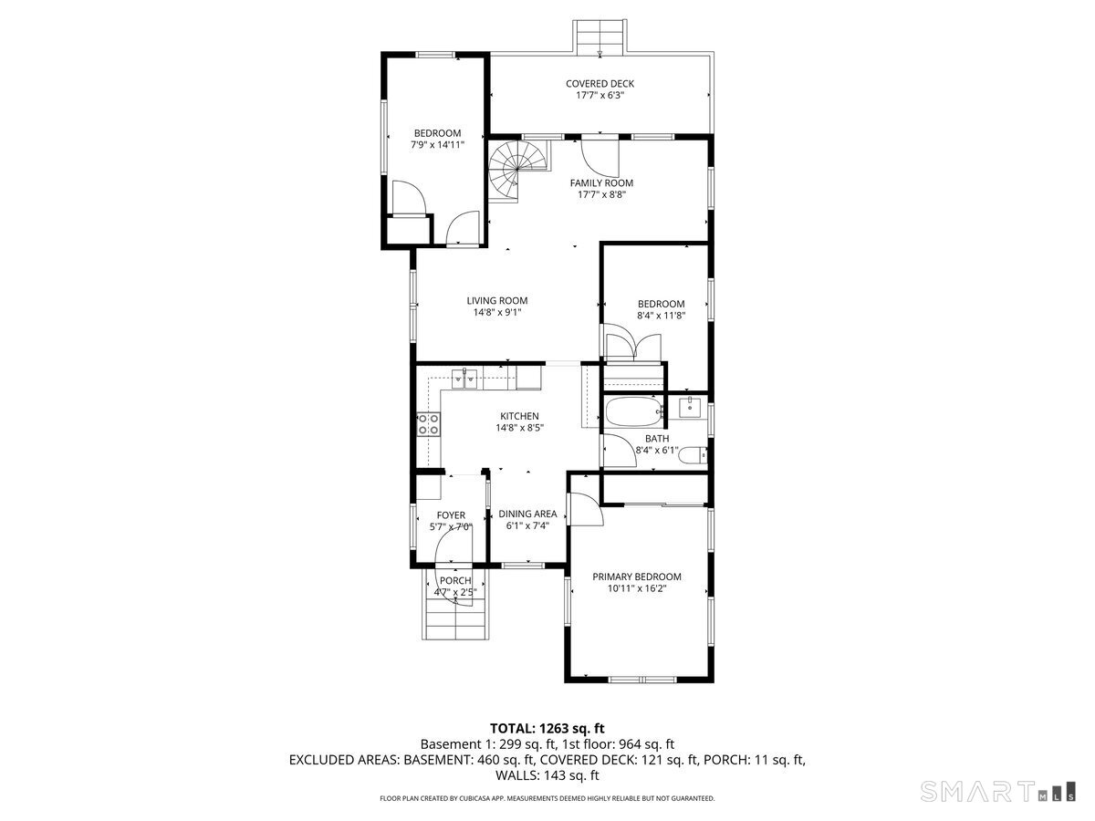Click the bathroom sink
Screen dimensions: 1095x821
coord(693,407)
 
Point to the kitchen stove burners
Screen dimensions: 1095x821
coord(429,423)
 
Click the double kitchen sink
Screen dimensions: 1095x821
coord(464,379)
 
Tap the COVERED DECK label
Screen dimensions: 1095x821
coord(600,84)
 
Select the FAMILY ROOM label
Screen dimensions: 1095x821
coord(601,183)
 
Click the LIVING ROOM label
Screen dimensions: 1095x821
coord(497,301)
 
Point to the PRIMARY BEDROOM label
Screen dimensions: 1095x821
coord(637,577)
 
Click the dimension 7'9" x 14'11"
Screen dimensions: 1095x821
coord(437,145)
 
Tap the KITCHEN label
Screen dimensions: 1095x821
coord(519,416)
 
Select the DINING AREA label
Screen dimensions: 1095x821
coord(527,514)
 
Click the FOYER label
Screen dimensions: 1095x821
coord(451,514)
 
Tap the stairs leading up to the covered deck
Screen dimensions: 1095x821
coord(600,36)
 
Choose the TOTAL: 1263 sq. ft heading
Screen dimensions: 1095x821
coord(547,728)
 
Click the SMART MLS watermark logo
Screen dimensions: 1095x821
coord(997,791)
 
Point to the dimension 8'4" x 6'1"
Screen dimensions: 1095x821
coord(657,451)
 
